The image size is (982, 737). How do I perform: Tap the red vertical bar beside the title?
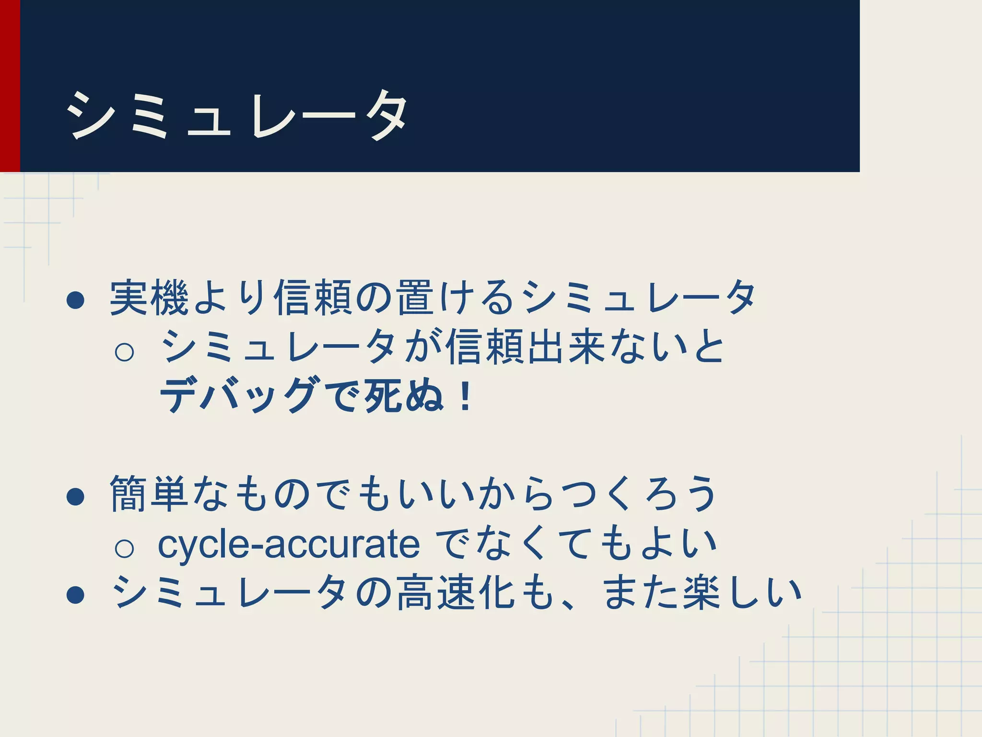tap(10, 86)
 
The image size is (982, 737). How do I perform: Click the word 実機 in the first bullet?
tap(149, 298)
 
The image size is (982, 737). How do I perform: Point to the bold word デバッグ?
tap(240, 395)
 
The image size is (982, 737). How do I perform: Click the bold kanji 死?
tap(383, 395)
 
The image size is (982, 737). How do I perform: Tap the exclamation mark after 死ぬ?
tap(465, 396)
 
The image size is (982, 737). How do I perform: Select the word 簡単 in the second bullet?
tap(149, 494)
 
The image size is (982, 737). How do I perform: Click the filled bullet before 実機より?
tap(76, 301)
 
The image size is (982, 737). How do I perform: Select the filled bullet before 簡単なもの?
tap(76, 497)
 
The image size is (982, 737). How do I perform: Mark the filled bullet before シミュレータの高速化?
tap(76, 595)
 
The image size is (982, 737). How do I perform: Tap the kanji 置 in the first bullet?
tap(415, 298)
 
